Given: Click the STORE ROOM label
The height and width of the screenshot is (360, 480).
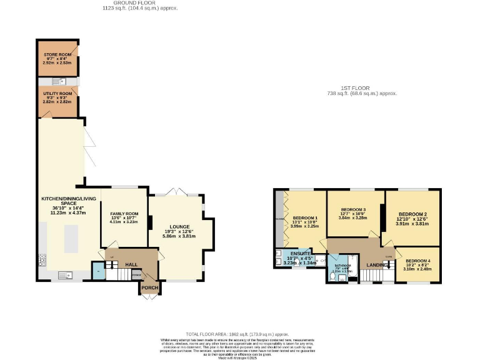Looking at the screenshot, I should (57, 54).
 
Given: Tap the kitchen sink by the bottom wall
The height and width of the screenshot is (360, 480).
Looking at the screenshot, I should (64, 275).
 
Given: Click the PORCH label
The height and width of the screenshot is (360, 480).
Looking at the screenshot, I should (149, 288).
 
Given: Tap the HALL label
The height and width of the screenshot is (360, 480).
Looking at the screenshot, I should (131, 265).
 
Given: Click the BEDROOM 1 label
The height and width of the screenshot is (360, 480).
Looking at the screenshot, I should (304, 217).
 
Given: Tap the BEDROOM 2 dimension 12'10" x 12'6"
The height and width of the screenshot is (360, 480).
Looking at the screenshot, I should (411, 220).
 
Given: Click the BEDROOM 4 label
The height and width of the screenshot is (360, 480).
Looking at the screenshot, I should (417, 260).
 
